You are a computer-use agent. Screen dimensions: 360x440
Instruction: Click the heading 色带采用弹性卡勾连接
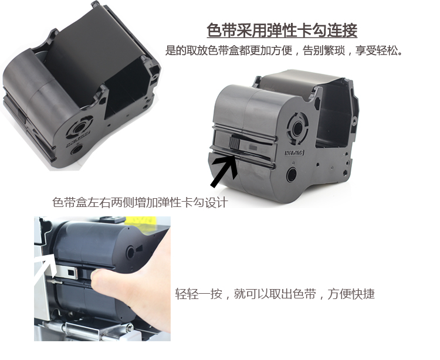pos(282,31)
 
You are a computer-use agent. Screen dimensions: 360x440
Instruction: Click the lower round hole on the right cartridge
pos(291,175)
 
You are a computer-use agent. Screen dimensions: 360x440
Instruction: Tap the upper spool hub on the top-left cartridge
pos(79,113)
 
